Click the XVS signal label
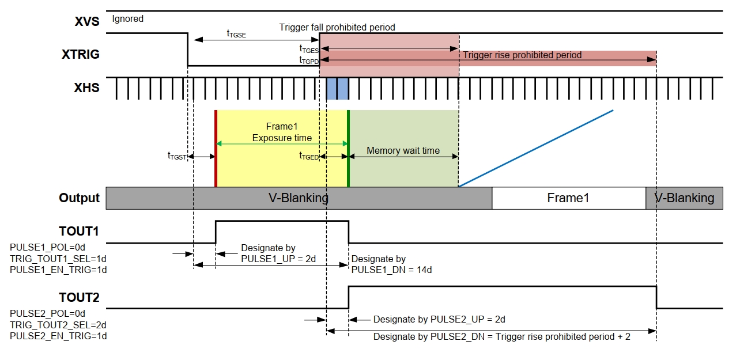tap(87, 22)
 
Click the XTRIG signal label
tap(81, 55)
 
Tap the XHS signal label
tap(86, 88)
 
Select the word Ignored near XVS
tap(127, 18)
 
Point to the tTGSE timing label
tap(236, 33)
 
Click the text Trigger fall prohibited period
tap(337, 27)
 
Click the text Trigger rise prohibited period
tap(522, 55)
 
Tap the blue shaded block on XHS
tap(337, 88)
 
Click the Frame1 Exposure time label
tap(282, 132)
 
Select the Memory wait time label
tap(403, 150)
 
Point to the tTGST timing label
tap(178, 156)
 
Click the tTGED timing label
tap(308, 156)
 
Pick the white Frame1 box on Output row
tap(568, 198)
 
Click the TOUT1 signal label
tap(79, 231)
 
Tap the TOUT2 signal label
tap(79, 297)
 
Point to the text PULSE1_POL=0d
tap(47, 248)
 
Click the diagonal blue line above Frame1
tap(536, 148)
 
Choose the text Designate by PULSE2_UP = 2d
tap(439, 319)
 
